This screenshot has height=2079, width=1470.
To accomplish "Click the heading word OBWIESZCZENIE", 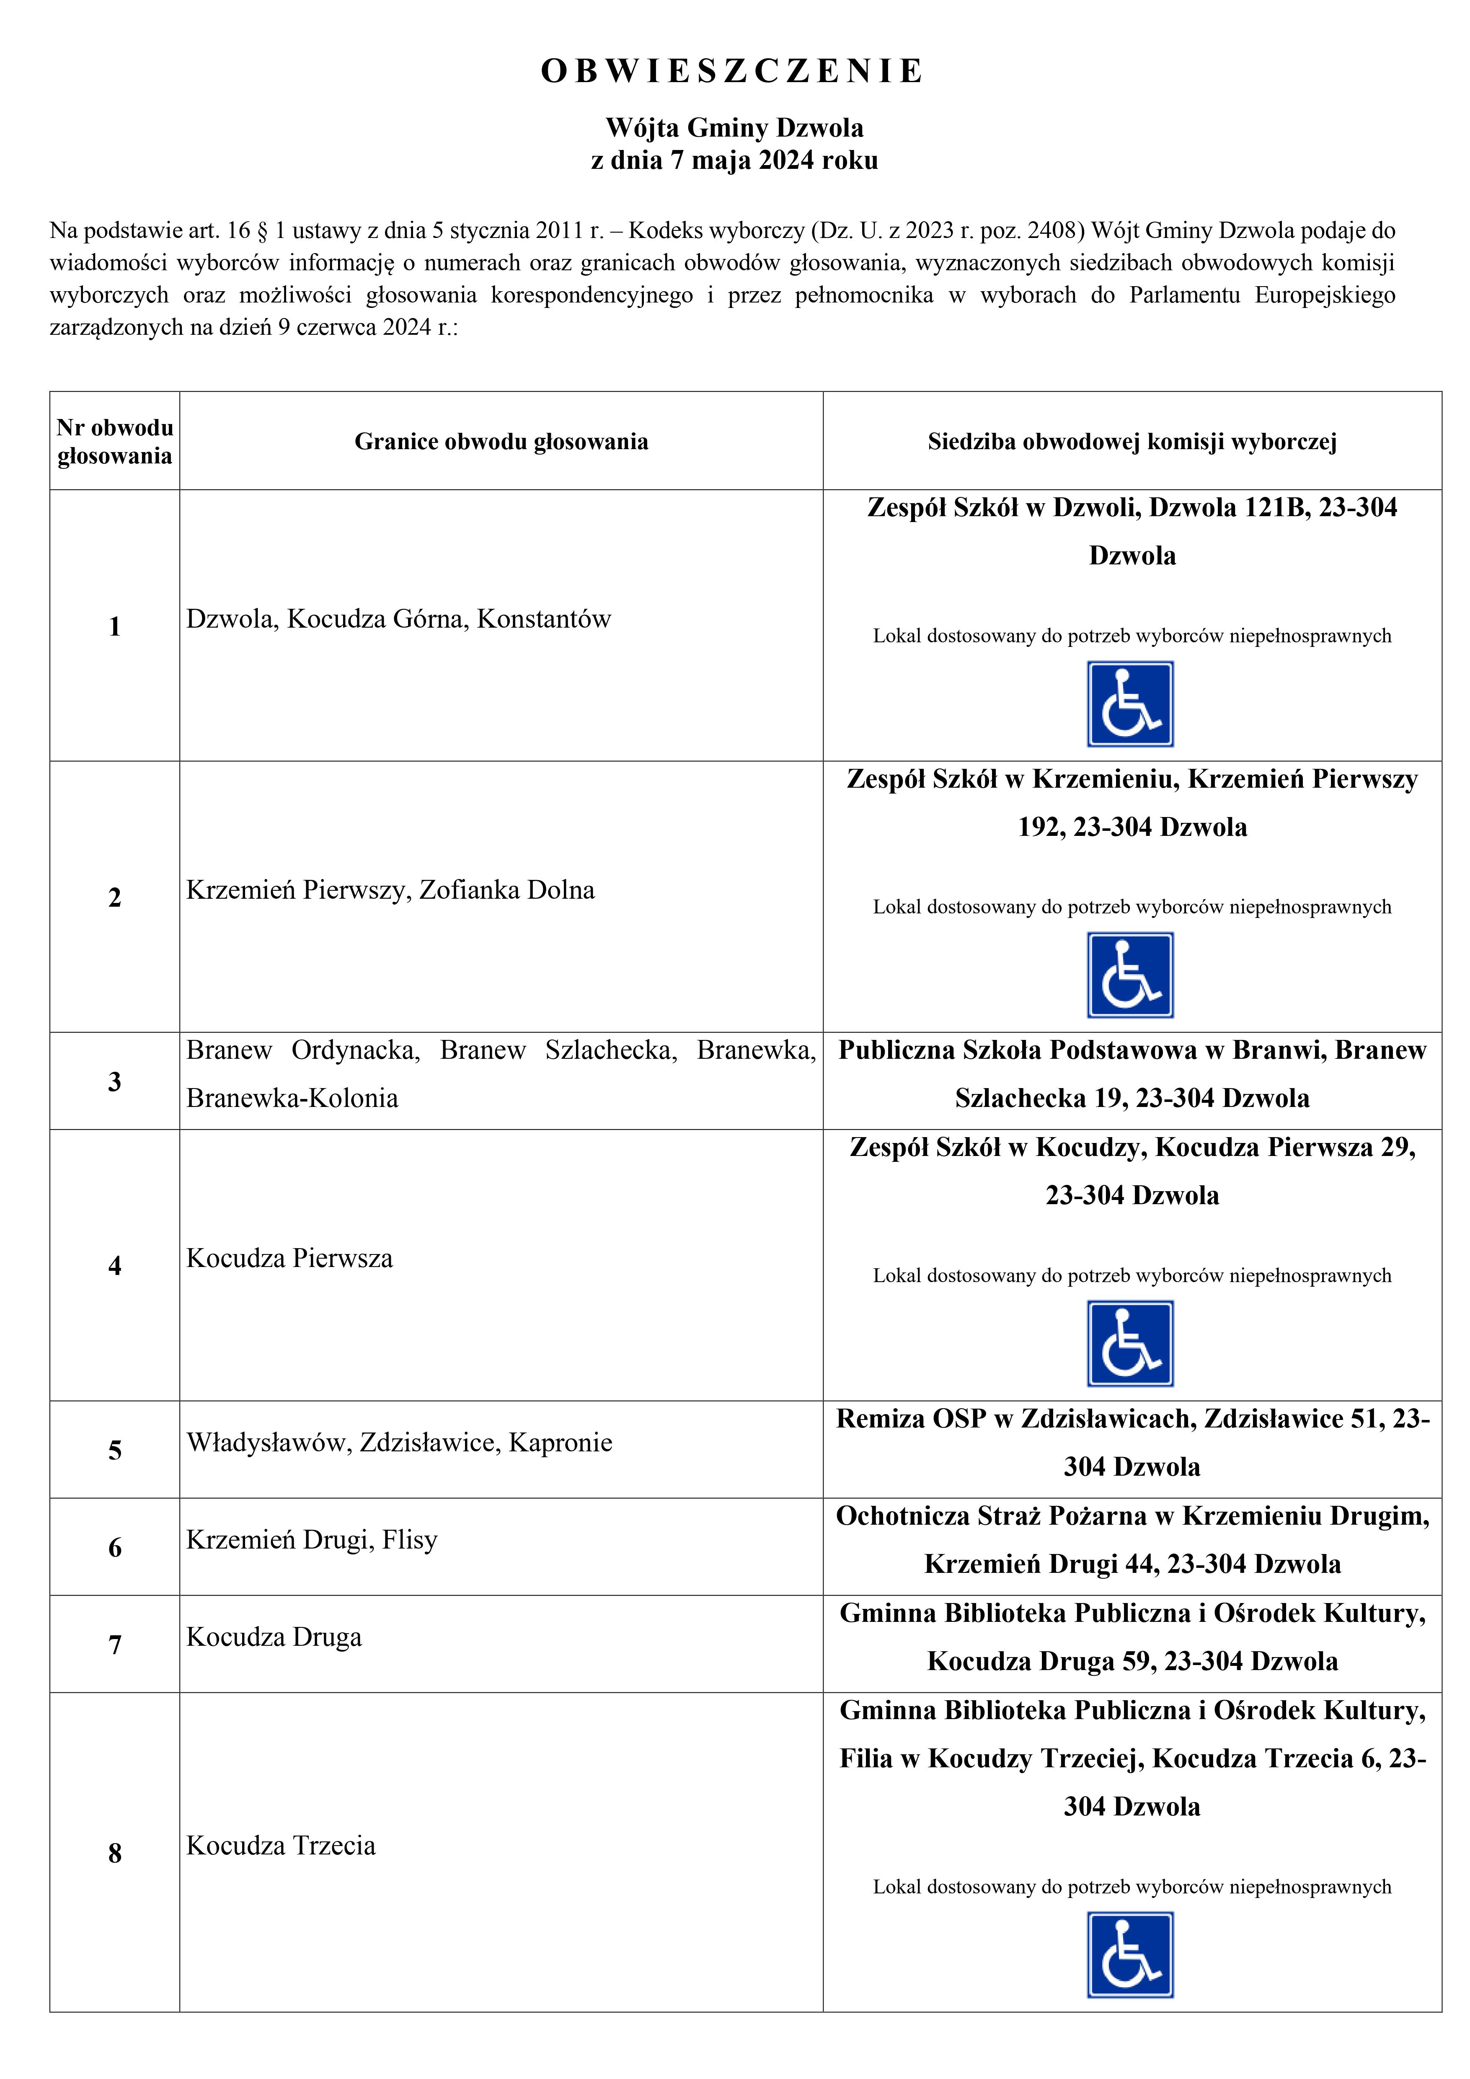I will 733,72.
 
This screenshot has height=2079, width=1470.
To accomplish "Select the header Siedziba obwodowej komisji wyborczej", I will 1132,442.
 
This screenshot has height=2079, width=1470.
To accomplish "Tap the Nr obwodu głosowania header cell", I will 115,442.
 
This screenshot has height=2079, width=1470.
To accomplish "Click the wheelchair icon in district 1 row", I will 1130,703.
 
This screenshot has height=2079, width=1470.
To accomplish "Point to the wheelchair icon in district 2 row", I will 1130,975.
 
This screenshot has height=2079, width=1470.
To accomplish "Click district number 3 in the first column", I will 115,1081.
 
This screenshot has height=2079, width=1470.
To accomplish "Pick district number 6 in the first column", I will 115,1547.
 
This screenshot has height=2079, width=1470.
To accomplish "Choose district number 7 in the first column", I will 115,1645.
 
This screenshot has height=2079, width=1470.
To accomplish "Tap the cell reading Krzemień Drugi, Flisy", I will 312,1539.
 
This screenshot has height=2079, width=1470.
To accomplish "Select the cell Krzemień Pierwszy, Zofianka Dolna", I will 390,890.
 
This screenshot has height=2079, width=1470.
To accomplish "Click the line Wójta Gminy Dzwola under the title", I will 734,128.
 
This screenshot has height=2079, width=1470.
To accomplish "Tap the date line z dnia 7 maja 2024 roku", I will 734,160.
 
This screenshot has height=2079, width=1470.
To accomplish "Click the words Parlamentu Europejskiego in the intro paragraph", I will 1262,295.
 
